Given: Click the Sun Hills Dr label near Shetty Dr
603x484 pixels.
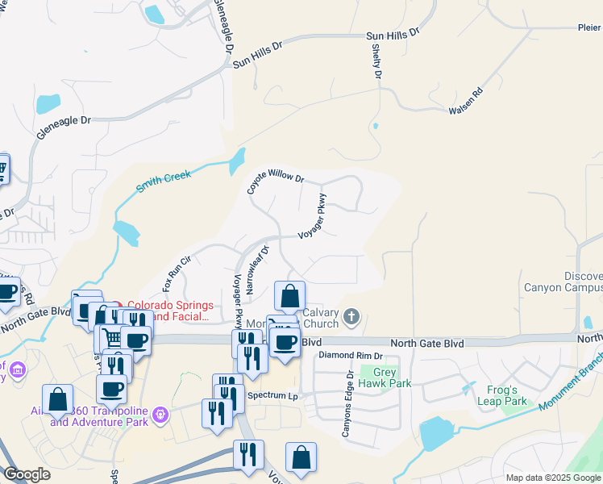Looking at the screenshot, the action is (393, 34).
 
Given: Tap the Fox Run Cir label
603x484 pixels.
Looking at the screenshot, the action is (176, 273).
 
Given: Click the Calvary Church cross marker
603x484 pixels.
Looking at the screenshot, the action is (351, 317).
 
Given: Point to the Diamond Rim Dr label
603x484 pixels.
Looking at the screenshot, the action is (350, 356).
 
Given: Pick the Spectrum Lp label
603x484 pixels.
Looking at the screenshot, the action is (272, 396).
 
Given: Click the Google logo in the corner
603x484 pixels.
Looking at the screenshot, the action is (27, 474).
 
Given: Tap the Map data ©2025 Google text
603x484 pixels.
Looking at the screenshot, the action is (553, 478).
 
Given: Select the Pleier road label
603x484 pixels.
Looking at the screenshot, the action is (588, 27).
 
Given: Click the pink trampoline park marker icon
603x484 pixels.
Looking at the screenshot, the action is (160, 415).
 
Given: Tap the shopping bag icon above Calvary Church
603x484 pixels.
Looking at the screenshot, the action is (289, 296).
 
